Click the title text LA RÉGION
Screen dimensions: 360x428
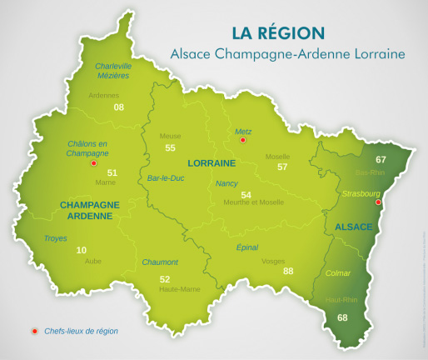pos(277,33)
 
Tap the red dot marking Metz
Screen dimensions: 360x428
pos(242,141)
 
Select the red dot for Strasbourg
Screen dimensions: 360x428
pos(378,202)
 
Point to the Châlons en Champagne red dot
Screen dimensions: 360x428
pos(93,163)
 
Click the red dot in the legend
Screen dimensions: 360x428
pos(34,331)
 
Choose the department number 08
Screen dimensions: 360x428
pos(119,107)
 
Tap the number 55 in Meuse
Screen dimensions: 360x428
pos(171,147)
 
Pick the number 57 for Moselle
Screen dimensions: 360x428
pos(282,167)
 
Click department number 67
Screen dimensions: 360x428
pos(381,159)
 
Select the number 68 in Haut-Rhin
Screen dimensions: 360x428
pos(342,317)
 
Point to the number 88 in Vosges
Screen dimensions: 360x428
pos(288,271)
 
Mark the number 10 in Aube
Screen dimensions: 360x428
pos(81,250)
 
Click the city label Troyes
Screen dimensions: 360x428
pos(56,238)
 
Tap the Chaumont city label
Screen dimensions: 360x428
pos(160,262)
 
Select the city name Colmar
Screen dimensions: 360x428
pos(338,272)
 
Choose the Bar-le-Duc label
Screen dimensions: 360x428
pos(165,177)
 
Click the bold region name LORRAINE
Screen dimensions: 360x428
pos(212,162)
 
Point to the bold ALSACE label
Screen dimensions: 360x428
pos(353,227)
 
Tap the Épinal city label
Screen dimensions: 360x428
pos(247,247)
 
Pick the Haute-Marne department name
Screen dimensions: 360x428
pos(179,289)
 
